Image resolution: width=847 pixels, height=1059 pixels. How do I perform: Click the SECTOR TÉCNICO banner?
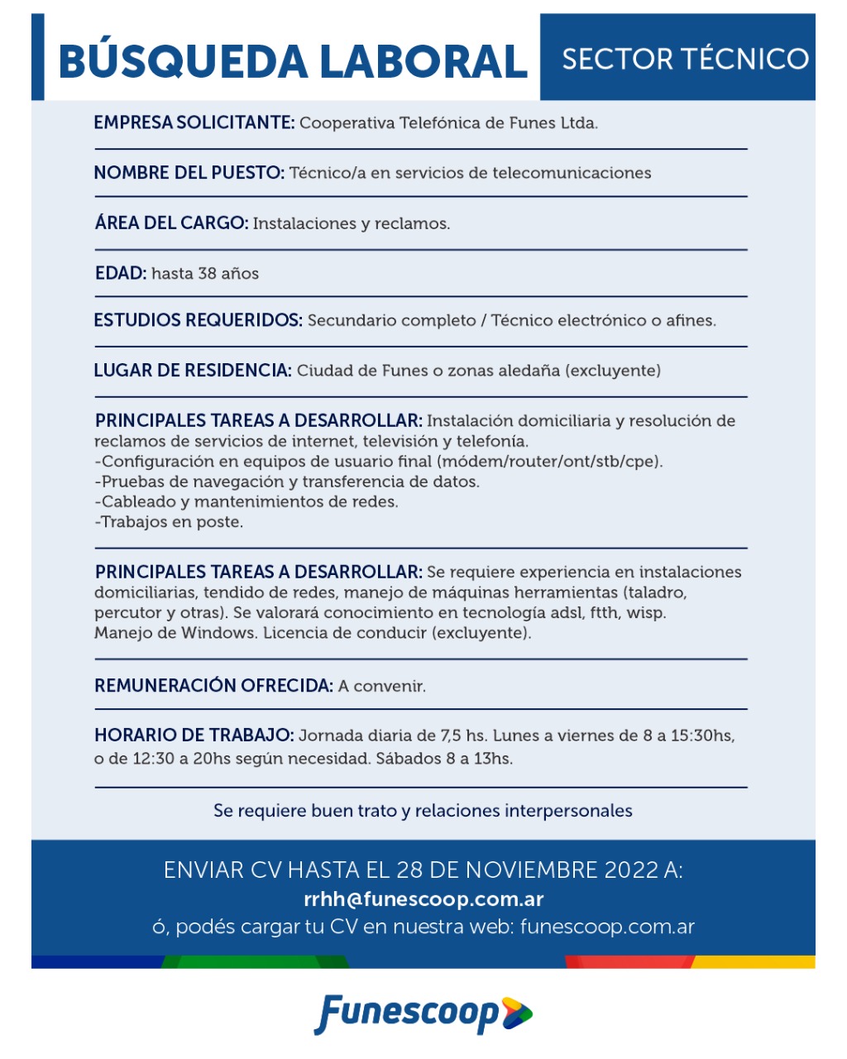(x=685, y=59)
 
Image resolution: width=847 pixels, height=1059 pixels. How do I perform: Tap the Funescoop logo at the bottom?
(x=423, y=1013)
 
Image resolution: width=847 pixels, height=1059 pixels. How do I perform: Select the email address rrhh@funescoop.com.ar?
(x=423, y=898)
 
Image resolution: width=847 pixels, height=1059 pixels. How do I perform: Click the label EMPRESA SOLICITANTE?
(x=194, y=123)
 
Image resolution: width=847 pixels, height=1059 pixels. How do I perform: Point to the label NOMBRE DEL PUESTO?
(x=189, y=173)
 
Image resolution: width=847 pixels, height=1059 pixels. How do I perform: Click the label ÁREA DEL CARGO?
(x=171, y=223)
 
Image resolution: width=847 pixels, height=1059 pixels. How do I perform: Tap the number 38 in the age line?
(x=208, y=274)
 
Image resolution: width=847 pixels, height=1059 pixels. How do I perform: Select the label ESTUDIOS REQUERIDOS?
(x=198, y=320)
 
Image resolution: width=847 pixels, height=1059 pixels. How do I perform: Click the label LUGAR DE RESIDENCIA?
(x=193, y=371)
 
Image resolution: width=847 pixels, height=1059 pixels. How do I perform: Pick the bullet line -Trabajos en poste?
(x=169, y=522)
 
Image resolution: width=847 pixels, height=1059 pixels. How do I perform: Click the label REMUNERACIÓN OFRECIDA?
(x=213, y=686)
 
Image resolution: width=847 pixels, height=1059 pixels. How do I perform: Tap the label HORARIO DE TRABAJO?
(x=194, y=736)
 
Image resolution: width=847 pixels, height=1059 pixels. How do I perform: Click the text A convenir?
(x=381, y=687)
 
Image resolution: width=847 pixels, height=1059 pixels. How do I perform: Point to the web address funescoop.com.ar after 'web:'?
(x=607, y=927)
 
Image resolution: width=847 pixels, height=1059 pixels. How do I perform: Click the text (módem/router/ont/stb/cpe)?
(x=550, y=462)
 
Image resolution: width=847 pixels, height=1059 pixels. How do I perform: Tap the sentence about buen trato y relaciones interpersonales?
(x=423, y=811)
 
